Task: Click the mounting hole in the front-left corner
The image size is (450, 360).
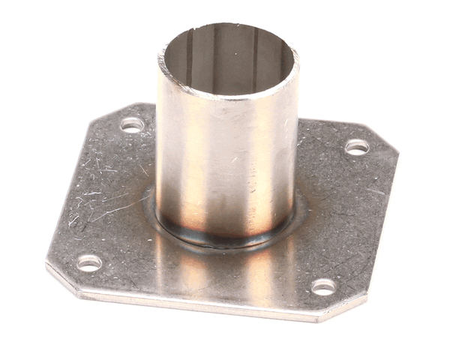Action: tap(89, 263)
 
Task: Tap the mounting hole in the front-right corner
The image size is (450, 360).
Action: tap(323, 286)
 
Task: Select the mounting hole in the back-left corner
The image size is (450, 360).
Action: tap(132, 124)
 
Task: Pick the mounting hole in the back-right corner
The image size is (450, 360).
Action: tap(357, 147)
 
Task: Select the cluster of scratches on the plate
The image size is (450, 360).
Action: tap(97, 195)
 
